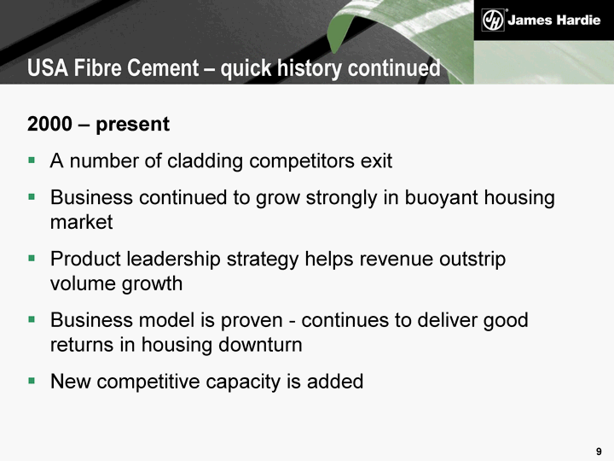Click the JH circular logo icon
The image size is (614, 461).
tap(493, 20)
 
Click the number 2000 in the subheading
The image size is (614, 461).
tap(49, 124)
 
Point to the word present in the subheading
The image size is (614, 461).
tap(133, 125)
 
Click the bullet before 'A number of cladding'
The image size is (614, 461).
tap(32, 160)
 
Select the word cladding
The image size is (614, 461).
tap(206, 161)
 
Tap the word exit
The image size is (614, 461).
tap(376, 161)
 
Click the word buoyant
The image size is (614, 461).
tap(441, 197)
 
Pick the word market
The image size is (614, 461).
tap(82, 222)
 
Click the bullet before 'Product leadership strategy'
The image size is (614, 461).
tap(32, 259)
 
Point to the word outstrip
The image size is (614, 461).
tap(472, 260)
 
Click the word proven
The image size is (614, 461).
tap(252, 321)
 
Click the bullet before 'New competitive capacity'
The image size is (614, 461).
tap(32, 381)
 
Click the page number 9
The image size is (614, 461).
tap(599, 452)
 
